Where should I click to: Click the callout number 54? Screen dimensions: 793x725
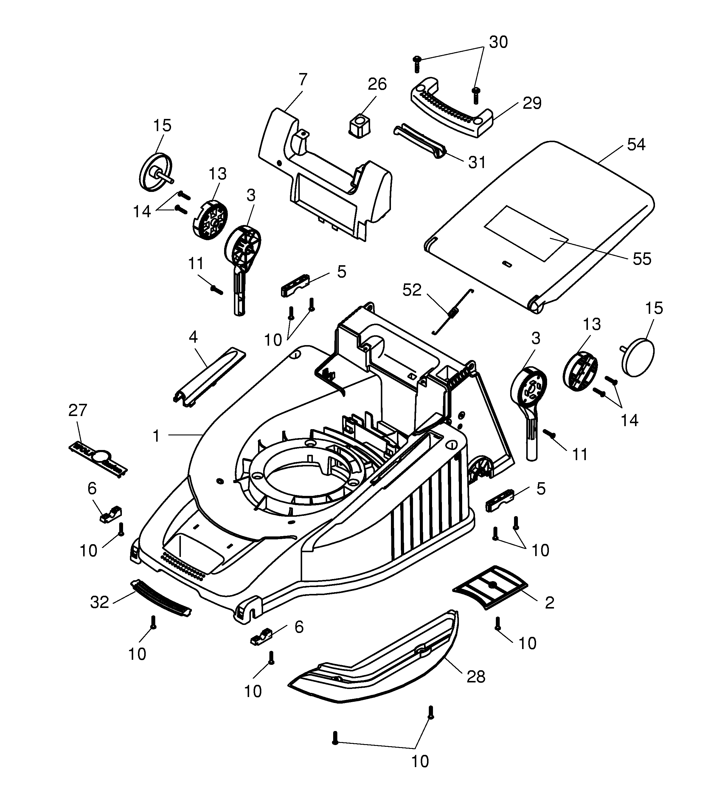(x=636, y=145)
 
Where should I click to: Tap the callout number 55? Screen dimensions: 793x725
(x=642, y=259)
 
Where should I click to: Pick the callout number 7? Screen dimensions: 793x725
(x=302, y=80)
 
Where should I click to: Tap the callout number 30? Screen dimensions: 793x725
(x=498, y=42)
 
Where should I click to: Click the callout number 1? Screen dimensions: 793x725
(x=156, y=436)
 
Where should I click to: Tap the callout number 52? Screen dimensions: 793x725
(x=412, y=290)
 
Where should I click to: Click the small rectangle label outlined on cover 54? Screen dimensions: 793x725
(x=526, y=234)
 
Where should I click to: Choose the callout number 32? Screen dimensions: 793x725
(x=99, y=602)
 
